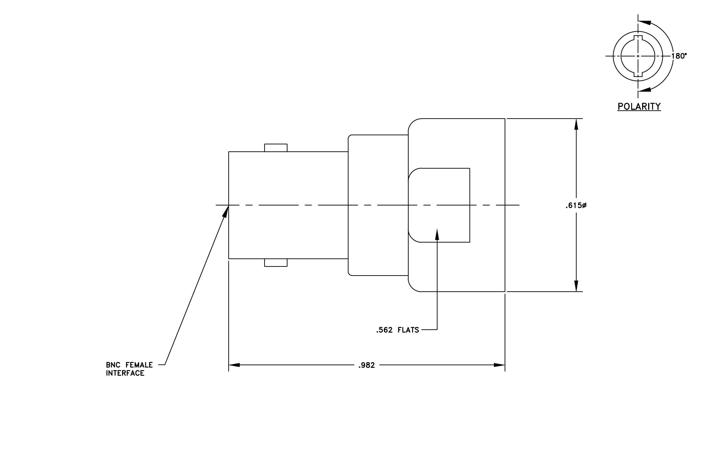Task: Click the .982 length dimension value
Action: click(366, 365)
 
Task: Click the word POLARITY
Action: click(639, 106)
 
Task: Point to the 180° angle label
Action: click(679, 56)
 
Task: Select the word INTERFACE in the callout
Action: click(125, 373)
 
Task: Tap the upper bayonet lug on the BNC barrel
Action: click(276, 148)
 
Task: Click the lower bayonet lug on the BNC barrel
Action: click(276, 263)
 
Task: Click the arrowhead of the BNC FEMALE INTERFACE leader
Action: click(226, 211)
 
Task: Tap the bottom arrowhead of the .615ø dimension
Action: click(576, 286)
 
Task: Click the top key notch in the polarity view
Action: click(638, 38)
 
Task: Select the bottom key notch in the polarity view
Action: click(638, 74)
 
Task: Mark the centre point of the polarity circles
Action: click(638, 56)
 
